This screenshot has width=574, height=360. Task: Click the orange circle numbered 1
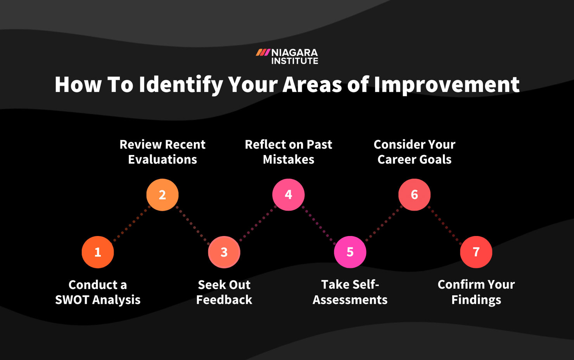[98, 252]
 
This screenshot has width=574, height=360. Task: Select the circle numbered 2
[162, 195]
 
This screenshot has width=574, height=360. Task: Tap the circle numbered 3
[224, 252]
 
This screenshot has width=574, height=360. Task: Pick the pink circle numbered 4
[288, 195]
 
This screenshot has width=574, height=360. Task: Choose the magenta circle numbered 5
[350, 252]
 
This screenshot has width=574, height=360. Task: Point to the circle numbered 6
[414, 195]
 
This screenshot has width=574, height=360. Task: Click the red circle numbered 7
[476, 252]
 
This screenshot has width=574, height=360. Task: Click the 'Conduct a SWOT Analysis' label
[98, 292]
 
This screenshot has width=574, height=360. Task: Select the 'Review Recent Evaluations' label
[162, 152]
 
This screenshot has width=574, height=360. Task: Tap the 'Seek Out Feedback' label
[224, 292]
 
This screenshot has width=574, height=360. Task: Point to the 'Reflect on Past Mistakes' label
[288, 152]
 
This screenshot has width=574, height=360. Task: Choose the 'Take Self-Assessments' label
[350, 292]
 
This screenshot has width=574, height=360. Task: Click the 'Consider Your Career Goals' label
[414, 152]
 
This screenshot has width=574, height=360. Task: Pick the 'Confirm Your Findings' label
[476, 292]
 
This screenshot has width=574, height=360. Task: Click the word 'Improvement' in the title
[446, 84]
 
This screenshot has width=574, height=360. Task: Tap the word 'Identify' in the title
[181, 84]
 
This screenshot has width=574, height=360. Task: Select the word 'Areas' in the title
[312, 84]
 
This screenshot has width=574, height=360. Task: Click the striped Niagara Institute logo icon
[263, 52]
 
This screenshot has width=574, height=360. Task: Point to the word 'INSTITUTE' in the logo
[295, 61]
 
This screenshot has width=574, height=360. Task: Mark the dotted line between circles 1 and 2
[130, 224]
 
